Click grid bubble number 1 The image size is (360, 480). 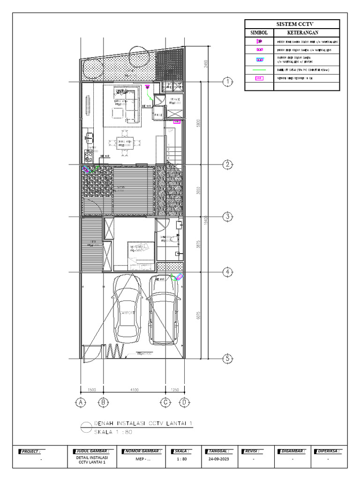(x=227, y=82)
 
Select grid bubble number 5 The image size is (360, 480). (x=227, y=359)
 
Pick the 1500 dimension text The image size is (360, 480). (x=92, y=390)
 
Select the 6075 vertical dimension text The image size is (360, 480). (x=199, y=315)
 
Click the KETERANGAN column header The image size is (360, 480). (x=303, y=33)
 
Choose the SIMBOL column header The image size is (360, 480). (x=259, y=33)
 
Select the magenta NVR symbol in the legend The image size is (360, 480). (x=259, y=78)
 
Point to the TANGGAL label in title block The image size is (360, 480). (x=217, y=451)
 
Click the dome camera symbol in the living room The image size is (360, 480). (x=148, y=87)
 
